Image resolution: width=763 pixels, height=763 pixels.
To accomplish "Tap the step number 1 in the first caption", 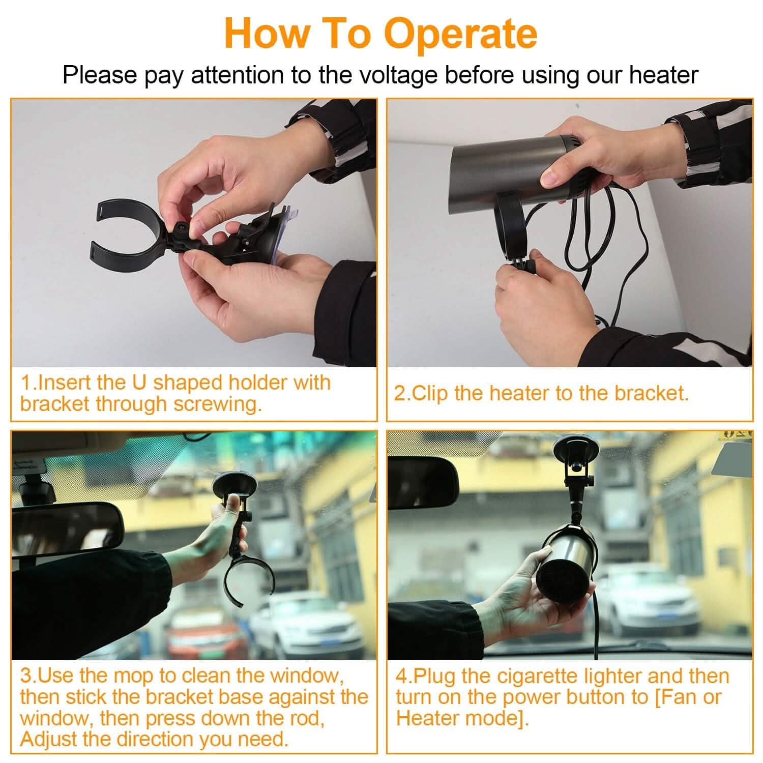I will (25, 383).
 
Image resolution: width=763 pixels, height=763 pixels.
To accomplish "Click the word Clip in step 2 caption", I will (431, 393).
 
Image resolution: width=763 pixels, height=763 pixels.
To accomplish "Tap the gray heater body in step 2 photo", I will (509, 163).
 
